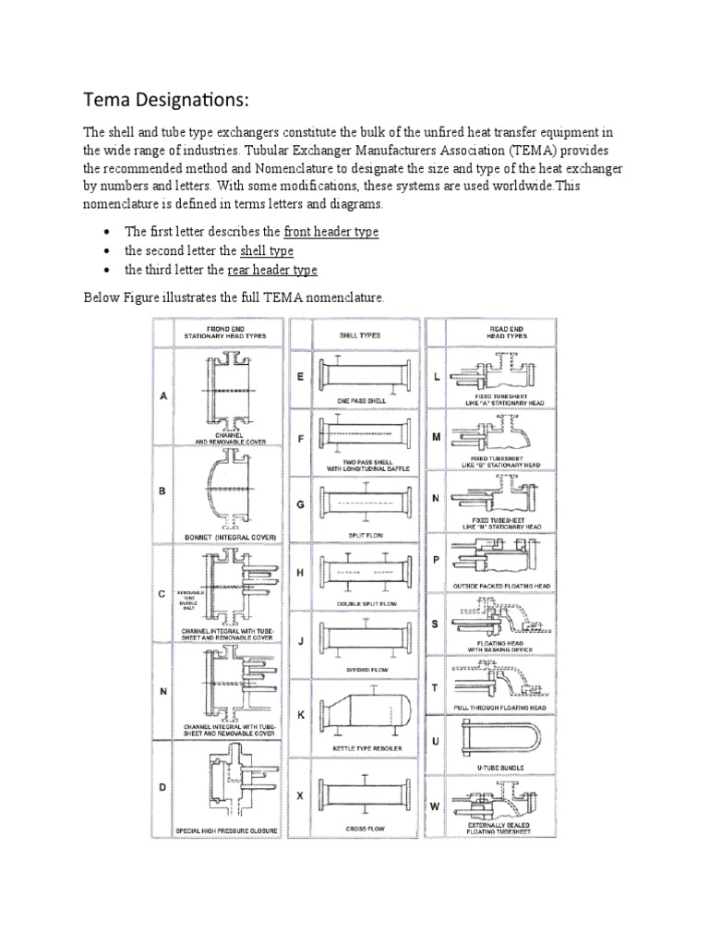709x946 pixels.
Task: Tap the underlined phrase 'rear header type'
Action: [271, 270]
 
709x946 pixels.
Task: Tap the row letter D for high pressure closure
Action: [162, 787]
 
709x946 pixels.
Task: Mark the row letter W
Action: [436, 806]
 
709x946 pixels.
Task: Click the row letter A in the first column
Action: [162, 396]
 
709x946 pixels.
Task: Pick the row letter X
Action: [300, 794]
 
